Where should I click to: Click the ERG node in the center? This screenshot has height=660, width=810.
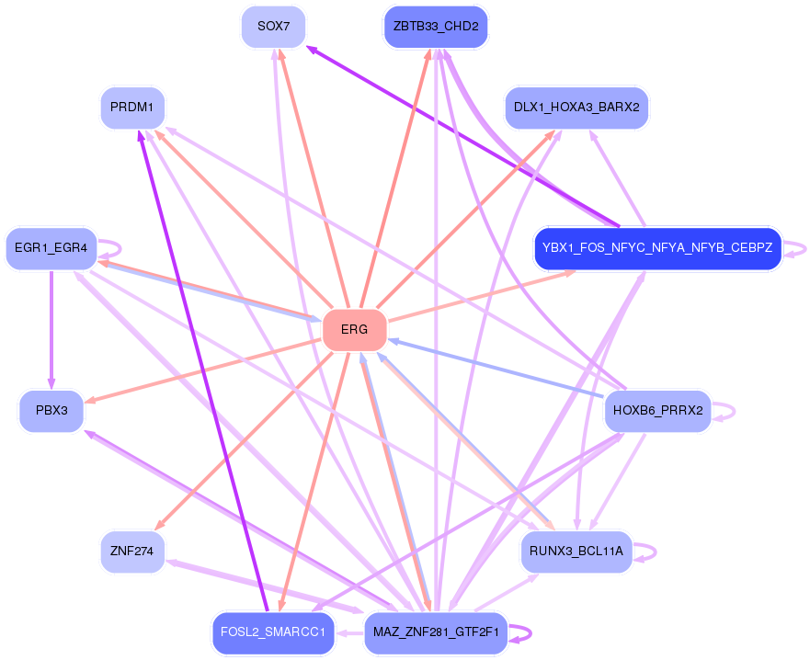pos(354,329)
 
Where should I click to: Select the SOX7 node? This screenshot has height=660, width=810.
pos(273,27)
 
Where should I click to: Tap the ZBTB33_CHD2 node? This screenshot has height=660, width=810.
pos(436,27)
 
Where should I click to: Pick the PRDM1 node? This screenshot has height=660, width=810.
pos(132,108)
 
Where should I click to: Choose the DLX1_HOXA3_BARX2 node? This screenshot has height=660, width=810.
pos(576,108)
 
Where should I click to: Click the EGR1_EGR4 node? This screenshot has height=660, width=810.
pos(51,248)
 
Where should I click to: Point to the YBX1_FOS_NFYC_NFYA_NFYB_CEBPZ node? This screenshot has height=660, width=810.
pos(657,248)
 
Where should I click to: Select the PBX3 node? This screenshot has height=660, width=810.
pos(51,410)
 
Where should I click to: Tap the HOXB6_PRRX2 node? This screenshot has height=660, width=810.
pos(657,410)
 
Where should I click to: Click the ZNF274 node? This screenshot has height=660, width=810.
pos(132,552)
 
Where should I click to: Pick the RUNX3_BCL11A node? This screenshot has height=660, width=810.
pos(576,552)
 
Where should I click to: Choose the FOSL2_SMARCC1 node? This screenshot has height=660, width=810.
pos(273,632)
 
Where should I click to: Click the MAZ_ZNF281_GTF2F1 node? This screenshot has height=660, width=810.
pos(436,632)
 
